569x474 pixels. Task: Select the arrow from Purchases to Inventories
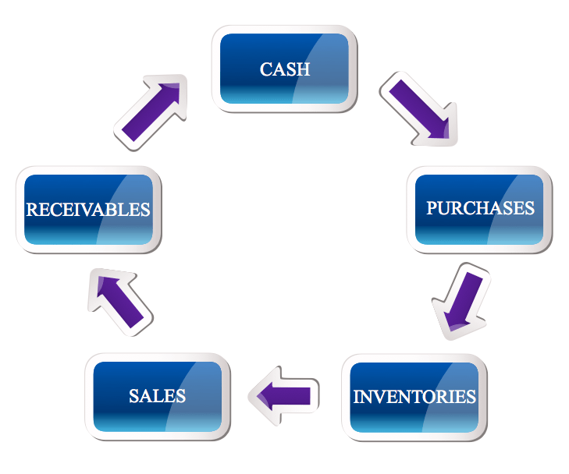(461, 304)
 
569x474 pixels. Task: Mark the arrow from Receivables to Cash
(153, 113)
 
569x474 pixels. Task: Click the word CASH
(284, 69)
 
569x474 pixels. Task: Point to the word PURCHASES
(480, 208)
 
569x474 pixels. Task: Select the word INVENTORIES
(414, 396)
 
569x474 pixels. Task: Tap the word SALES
(158, 395)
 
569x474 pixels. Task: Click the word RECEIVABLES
(88, 210)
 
